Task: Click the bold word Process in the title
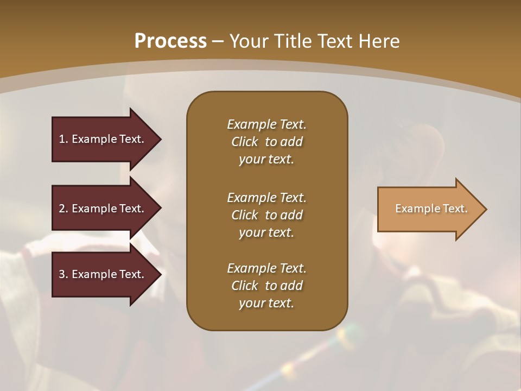[170, 41]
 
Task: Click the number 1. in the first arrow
[63, 139]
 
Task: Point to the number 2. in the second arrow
[63, 209]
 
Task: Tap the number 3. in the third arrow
[63, 274]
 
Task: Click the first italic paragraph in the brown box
[266, 142]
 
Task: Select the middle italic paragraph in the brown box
[266, 215]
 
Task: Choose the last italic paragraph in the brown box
[266, 286]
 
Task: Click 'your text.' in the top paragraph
[266, 160]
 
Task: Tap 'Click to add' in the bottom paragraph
[266, 286]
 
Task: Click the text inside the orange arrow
[431, 209]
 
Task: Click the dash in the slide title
[218, 41]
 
